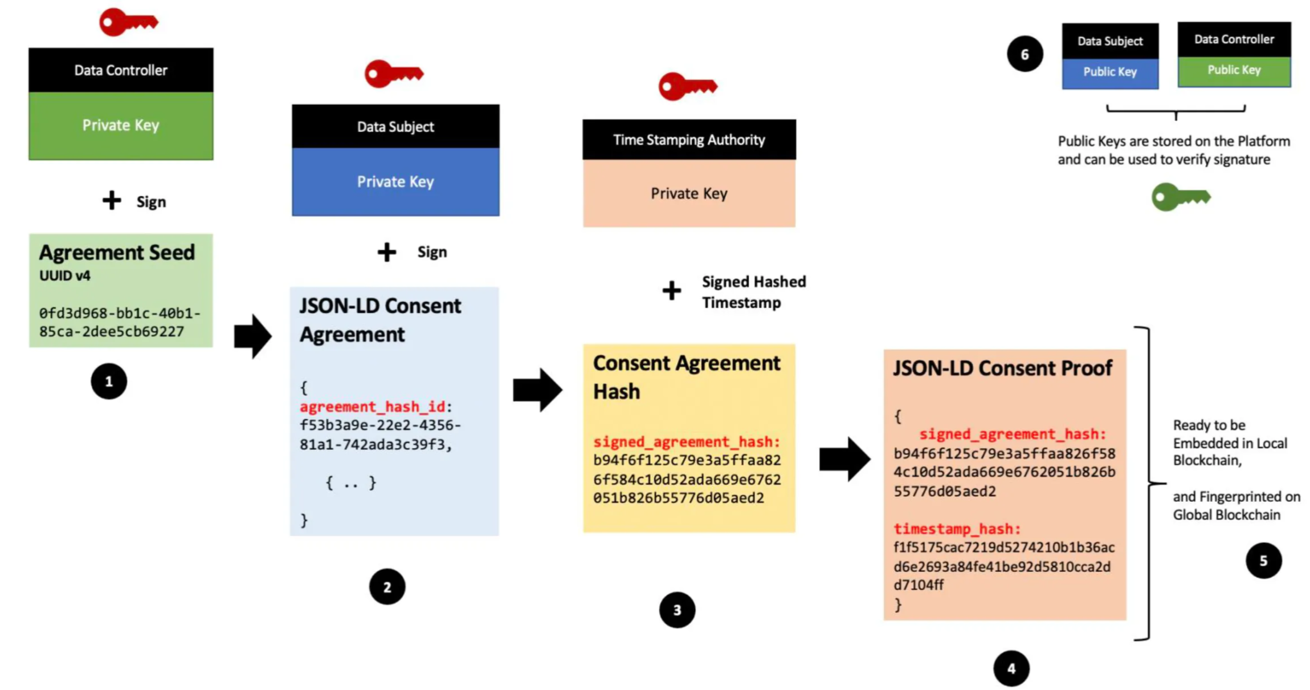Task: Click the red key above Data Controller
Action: pos(128,23)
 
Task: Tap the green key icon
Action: pos(1180,197)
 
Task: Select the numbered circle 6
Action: pos(1025,54)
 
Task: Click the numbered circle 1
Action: pos(109,381)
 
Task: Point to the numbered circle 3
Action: pos(677,610)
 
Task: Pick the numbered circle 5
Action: pos(1263,561)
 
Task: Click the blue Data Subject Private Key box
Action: pos(395,182)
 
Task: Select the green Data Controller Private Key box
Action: pos(121,125)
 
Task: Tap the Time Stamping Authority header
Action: pos(689,140)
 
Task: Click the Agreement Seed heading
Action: pos(117,252)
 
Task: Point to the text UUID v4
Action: pos(64,276)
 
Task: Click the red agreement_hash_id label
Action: pos(372,407)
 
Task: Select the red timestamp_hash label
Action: pos(957,529)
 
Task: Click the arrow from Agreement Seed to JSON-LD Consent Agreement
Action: pos(253,336)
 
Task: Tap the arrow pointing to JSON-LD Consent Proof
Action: pos(844,459)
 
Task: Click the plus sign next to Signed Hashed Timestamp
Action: pos(671,291)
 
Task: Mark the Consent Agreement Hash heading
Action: pos(686,377)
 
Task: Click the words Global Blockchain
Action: pos(1226,515)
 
